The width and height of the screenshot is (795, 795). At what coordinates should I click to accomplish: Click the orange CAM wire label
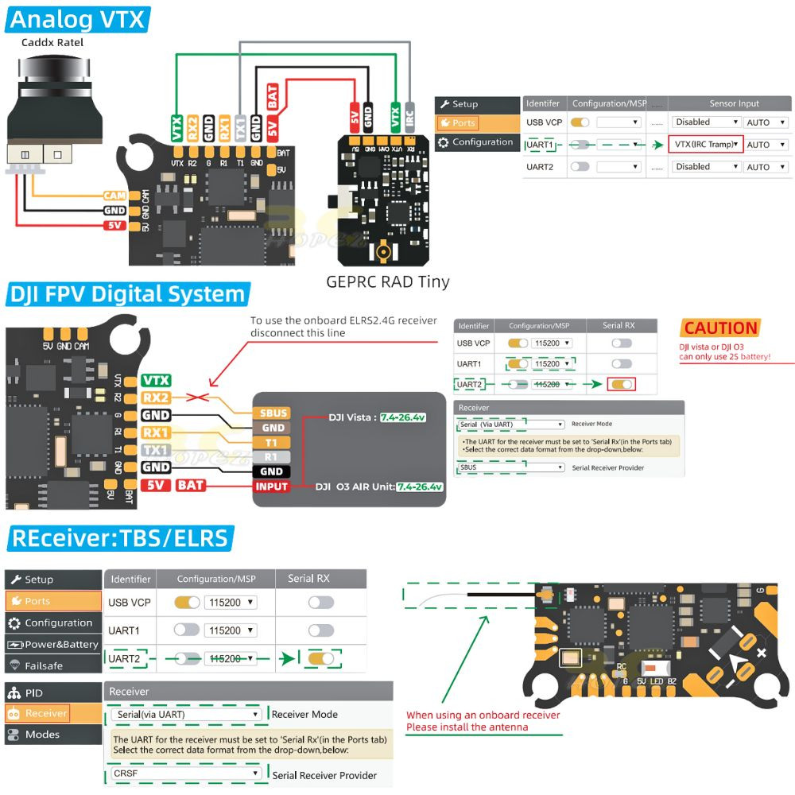pos(114,196)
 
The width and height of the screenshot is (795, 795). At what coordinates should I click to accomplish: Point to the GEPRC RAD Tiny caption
pos(388,281)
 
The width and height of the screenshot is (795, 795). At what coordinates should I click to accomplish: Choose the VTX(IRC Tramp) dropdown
pos(705,145)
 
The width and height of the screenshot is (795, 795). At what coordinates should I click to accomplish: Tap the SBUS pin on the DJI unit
pos(271,413)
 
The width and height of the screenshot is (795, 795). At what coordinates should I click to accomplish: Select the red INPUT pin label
pos(271,486)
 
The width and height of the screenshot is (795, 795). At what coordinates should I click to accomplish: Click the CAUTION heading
pos(720,328)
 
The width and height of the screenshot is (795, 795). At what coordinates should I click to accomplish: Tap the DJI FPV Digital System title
pos(127,294)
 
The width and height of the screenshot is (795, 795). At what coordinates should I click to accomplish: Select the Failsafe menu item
pos(44,665)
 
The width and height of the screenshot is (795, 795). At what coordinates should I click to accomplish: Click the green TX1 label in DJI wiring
pos(156,450)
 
